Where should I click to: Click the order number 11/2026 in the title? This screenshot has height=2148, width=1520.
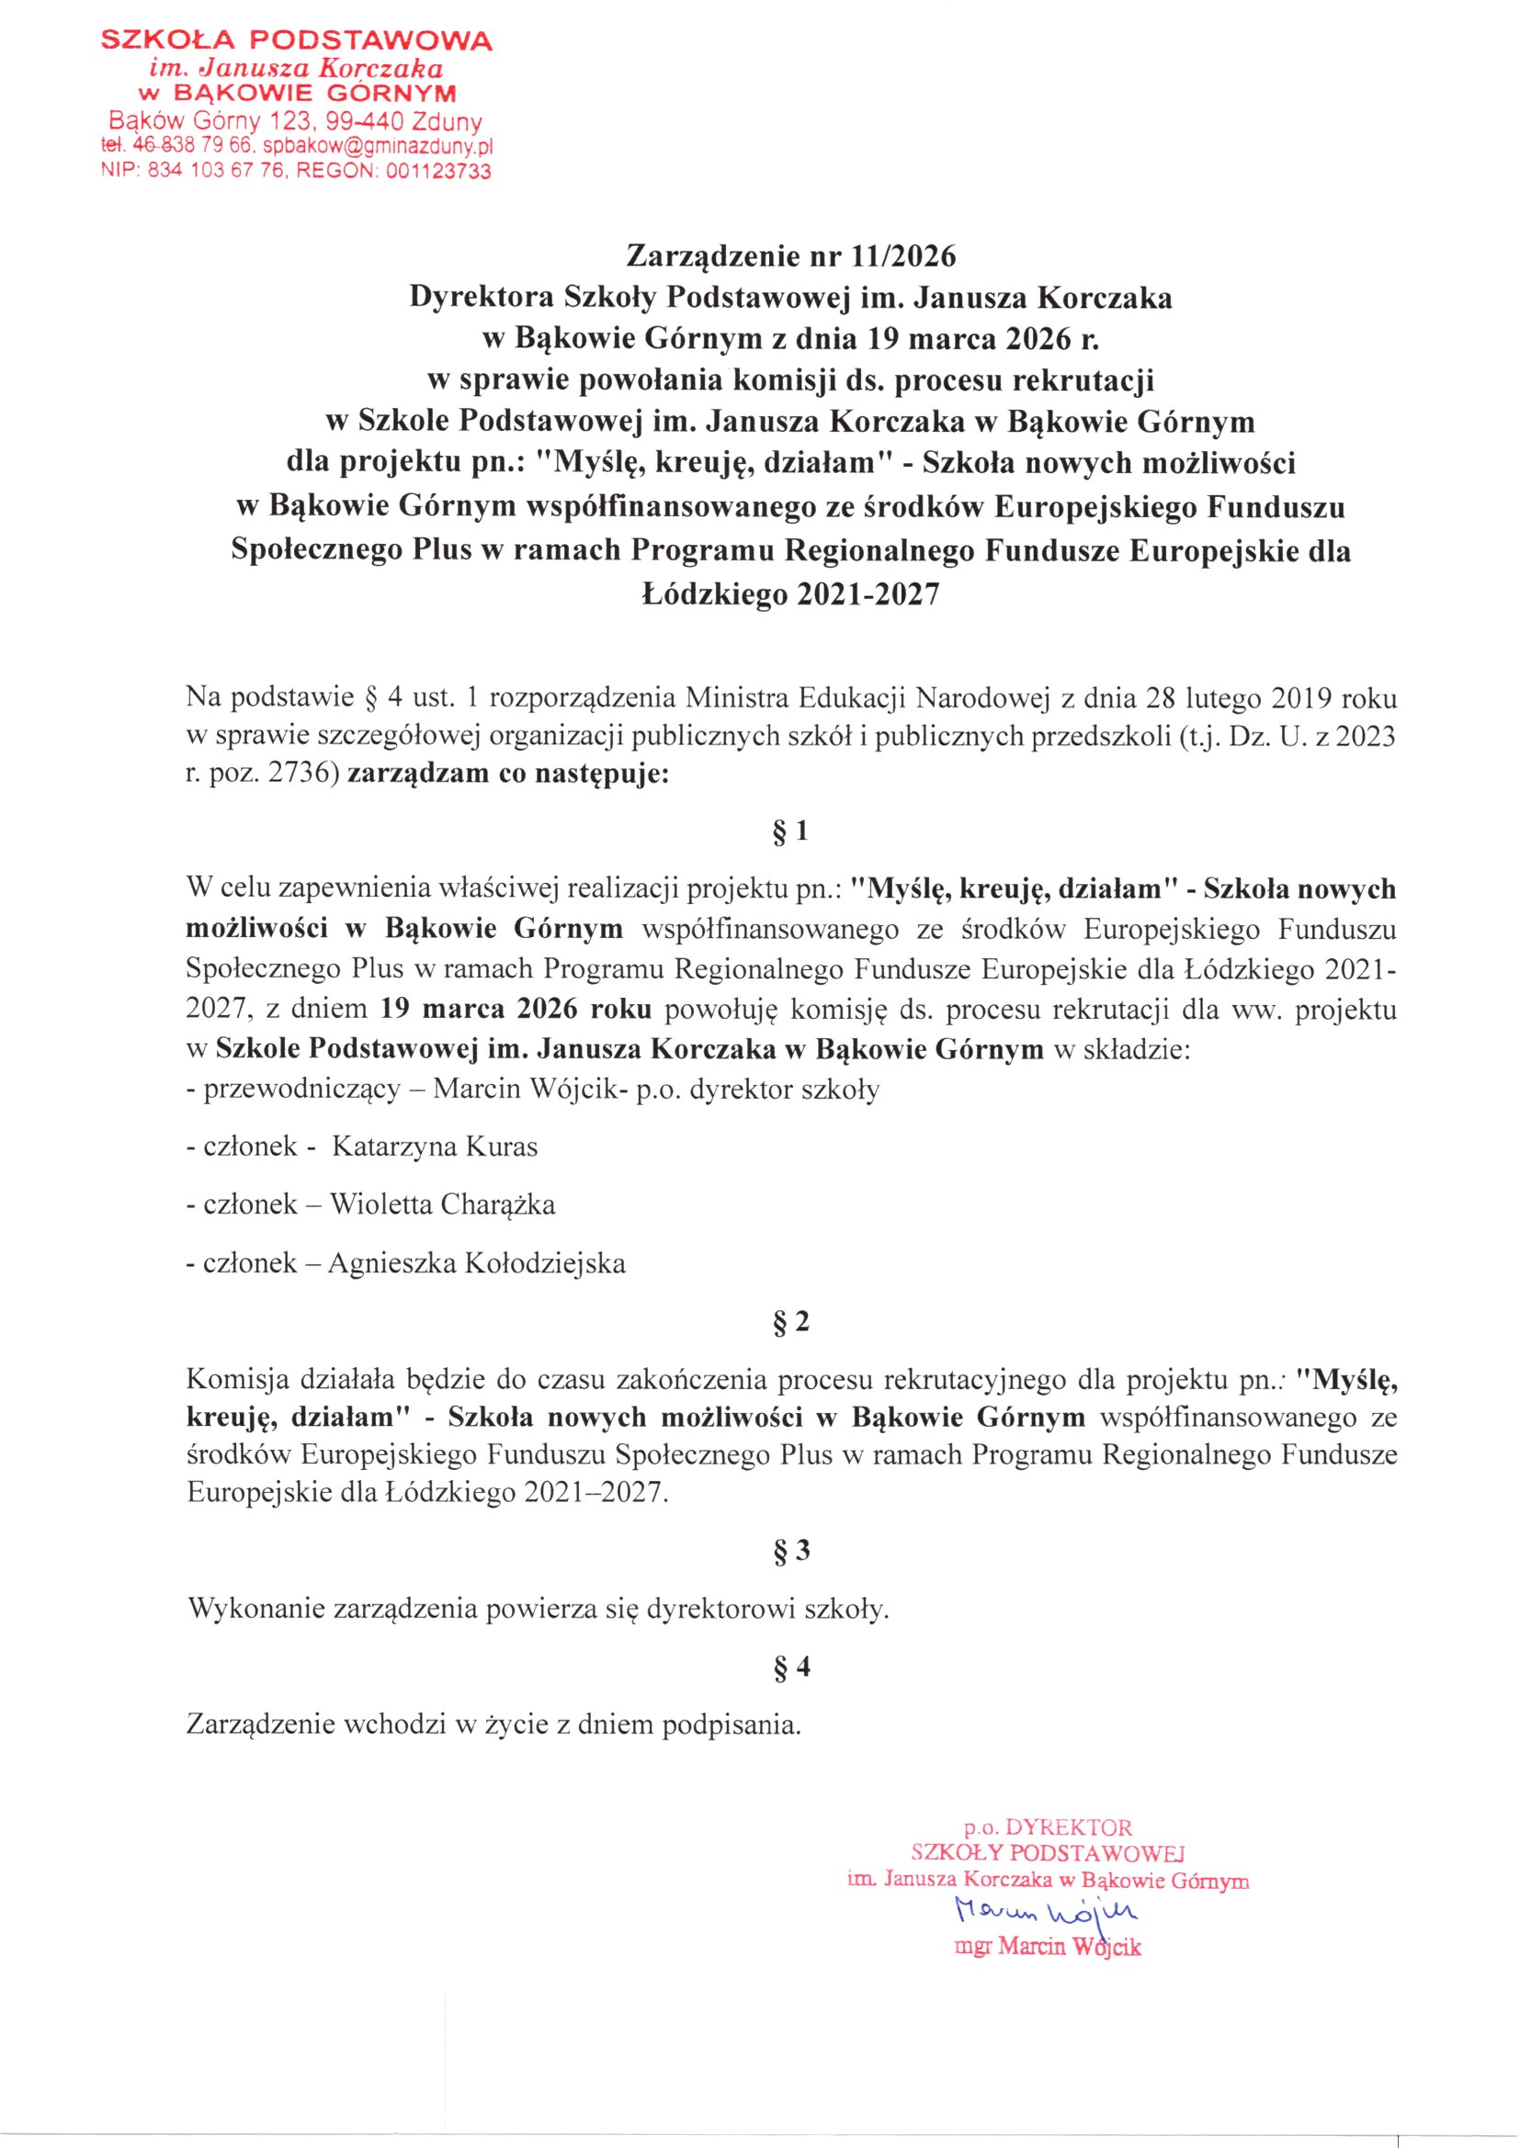(903, 256)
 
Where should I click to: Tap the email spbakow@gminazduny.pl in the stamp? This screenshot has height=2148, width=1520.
(377, 147)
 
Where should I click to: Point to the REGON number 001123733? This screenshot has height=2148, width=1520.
(438, 171)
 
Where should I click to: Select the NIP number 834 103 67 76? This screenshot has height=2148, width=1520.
(217, 171)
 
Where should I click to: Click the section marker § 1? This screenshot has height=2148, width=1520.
(791, 831)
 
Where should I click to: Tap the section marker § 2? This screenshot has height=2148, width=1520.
(791, 1322)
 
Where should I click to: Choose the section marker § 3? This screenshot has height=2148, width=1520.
(791, 1551)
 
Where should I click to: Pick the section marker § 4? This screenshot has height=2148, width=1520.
(791, 1667)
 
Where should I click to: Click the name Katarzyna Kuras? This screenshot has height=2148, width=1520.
(435, 1147)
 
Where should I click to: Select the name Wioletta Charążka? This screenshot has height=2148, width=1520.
(442, 1204)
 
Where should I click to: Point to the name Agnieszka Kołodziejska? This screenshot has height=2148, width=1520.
(476, 1264)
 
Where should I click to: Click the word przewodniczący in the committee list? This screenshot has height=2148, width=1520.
(301, 1090)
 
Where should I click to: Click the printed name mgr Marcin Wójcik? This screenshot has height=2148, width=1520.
(1048, 1947)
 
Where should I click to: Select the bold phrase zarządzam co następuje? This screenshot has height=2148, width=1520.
(508, 774)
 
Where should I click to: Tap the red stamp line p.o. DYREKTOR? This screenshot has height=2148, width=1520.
(1048, 1827)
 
